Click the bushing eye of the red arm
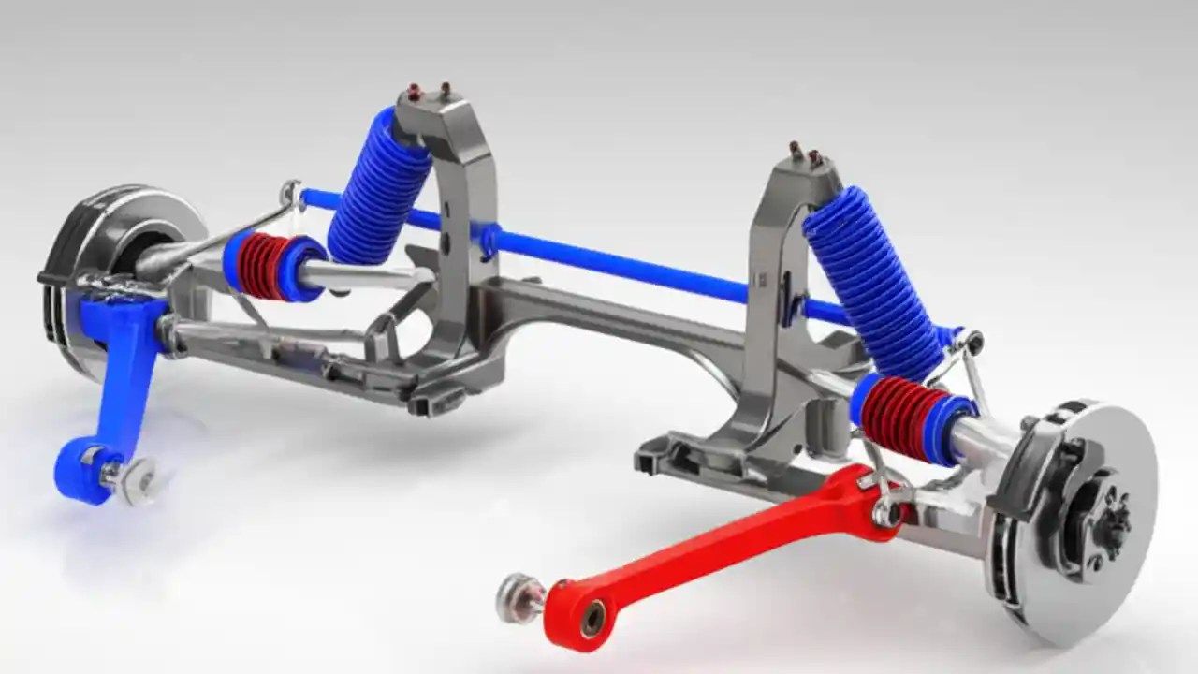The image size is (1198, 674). pyautogui.click(x=591, y=618)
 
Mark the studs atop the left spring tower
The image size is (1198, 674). pyautogui.click(x=428, y=91)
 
